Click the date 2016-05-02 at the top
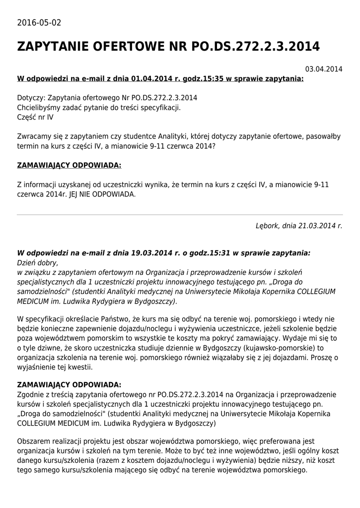pyautogui.click(x=39, y=23)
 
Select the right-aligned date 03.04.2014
pyautogui.click(x=324, y=69)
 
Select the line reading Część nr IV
pyautogui.click(x=35, y=117)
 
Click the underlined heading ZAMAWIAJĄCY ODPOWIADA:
pyautogui.click(x=69, y=165)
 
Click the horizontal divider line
pyautogui.click(x=180, y=215)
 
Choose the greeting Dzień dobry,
pyautogui.click(x=38, y=262)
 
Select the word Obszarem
pyautogui.click(x=34, y=441)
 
